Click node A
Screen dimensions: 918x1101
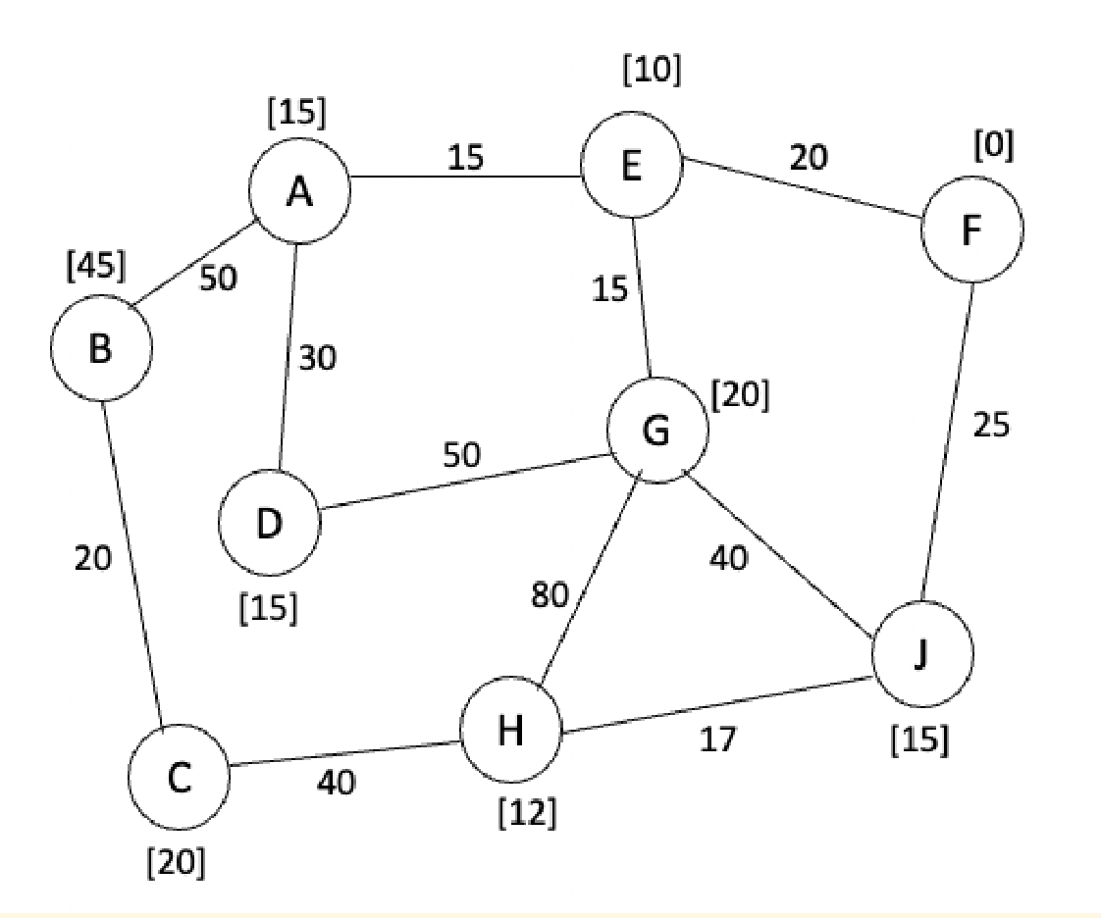pyautogui.click(x=298, y=194)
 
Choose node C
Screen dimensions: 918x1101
pyautogui.click(x=178, y=777)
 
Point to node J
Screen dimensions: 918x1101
pyautogui.click(x=922, y=654)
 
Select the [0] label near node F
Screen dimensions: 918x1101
pyautogui.click(x=994, y=146)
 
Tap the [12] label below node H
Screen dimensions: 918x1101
pyautogui.click(x=527, y=812)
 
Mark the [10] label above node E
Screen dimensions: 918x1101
pyautogui.click(x=651, y=71)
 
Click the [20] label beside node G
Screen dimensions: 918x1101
pyautogui.click(x=741, y=394)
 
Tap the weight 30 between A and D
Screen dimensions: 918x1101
pyautogui.click(x=316, y=359)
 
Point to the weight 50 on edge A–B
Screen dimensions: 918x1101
pyautogui.click(x=217, y=279)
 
